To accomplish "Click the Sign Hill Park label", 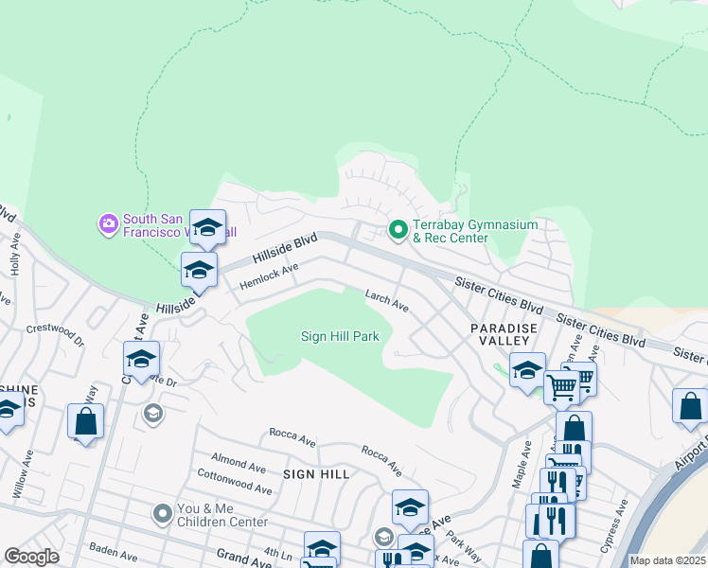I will click(340, 336).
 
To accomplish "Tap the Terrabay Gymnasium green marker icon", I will click(398, 229).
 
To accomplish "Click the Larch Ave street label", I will click(387, 302).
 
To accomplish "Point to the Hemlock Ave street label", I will click(269, 276).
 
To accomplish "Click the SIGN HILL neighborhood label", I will click(316, 473).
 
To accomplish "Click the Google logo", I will click(31, 557).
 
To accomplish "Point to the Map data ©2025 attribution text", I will click(668, 560).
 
